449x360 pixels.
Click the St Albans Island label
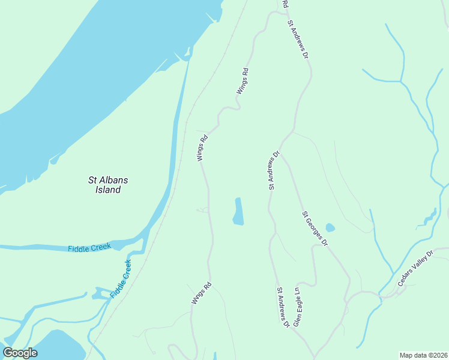click(108, 185)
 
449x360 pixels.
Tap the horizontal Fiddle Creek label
click(89, 248)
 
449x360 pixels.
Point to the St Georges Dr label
click(315, 229)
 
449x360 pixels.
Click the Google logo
click(20, 353)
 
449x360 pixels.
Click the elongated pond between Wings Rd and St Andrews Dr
click(238, 212)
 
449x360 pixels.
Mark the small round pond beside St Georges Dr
click(330, 228)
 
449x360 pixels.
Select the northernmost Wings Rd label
click(242, 81)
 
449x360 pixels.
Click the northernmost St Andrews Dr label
click(298, 40)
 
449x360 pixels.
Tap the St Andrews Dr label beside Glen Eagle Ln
click(282, 307)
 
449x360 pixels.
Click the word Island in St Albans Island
click(108, 190)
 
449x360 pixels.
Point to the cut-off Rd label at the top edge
click(285, 4)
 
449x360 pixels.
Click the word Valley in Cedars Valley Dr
click(416, 272)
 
